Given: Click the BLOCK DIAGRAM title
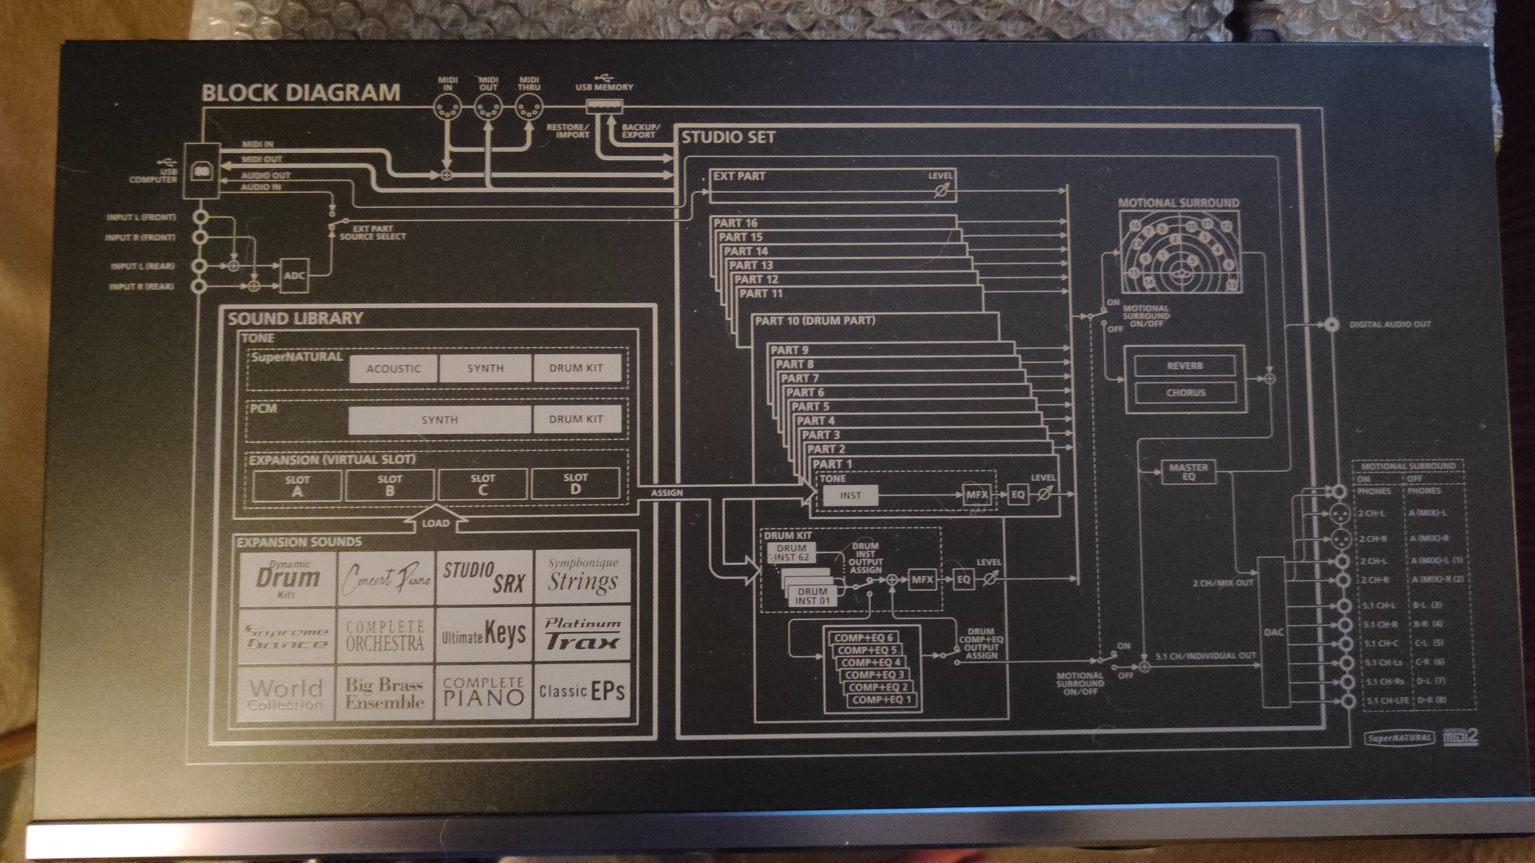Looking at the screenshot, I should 301,93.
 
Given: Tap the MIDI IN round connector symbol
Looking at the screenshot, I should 447,109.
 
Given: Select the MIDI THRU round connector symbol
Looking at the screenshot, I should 528,109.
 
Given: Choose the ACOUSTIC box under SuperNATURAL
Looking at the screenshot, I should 393,369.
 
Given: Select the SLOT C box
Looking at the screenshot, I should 483,485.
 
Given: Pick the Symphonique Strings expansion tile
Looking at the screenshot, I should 583,576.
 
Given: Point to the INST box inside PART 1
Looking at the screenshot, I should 850,495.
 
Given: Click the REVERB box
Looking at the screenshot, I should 1185,366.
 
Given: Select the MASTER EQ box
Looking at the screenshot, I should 1188,472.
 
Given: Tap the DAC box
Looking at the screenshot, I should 1273,632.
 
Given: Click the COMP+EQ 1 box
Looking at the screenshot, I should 881,700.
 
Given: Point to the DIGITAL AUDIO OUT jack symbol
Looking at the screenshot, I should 1332,324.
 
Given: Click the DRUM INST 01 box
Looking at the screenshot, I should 812,596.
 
